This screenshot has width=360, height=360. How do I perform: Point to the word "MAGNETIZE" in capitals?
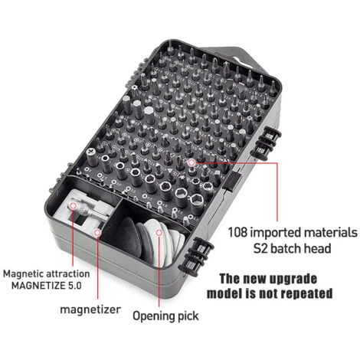pyautogui.click(x=38, y=285)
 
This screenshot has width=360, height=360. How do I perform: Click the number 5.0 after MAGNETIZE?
pyautogui.click(x=74, y=285)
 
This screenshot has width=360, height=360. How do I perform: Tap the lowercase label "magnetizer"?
pyautogui.click(x=90, y=309)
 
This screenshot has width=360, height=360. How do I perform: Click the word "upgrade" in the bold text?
pyautogui.click(x=293, y=279)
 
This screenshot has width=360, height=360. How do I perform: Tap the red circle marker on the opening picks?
pyautogui.click(x=159, y=233)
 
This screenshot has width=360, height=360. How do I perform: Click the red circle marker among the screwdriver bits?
pyautogui.click(x=191, y=162)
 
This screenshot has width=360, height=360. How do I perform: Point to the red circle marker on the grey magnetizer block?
pyautogui.click(x=74, y=205)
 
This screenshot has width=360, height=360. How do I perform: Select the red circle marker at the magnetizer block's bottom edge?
pyautogui.click(x=97, y=233)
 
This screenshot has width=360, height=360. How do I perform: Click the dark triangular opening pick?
pyautogui.click(x=129, y=237)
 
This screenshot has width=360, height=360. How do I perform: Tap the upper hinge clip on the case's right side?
pyautogui.click(x=266, y=142)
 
